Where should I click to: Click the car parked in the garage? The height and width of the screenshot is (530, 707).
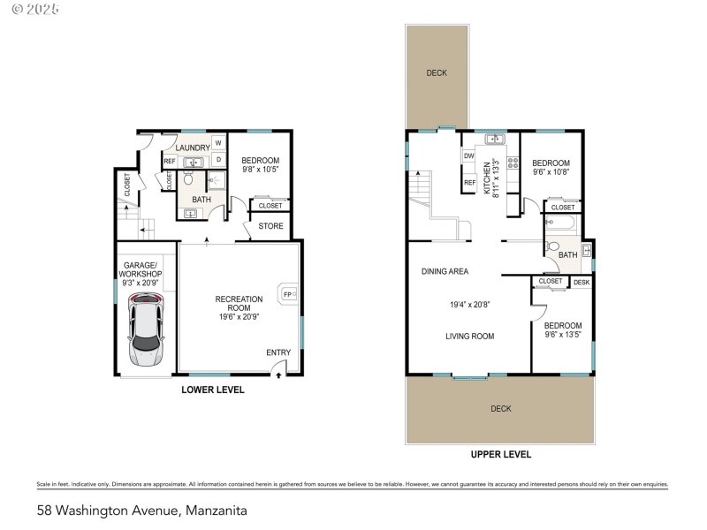pos(146,331)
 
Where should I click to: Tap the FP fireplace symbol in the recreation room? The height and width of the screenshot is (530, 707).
pos(287,294)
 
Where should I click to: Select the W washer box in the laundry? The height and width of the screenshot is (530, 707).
pos(218,143)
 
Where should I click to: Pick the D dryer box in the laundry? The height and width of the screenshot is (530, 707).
pos(218,160)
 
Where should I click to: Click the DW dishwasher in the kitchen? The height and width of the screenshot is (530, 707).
pos(469,156)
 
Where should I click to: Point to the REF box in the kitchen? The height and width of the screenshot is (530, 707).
pos(469,184)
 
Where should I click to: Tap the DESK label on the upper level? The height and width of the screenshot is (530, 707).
pos(581,283)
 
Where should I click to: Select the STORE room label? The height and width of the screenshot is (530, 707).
pos(271,226)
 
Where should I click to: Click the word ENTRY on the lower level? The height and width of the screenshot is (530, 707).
pos(278,353)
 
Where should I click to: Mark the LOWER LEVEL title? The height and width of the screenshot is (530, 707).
pos(213,390)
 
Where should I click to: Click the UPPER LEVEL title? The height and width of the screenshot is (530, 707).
pos(500,455)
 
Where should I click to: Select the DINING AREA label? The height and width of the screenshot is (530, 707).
pos(445,272)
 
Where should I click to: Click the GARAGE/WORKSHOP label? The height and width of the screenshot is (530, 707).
pos(141,269)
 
